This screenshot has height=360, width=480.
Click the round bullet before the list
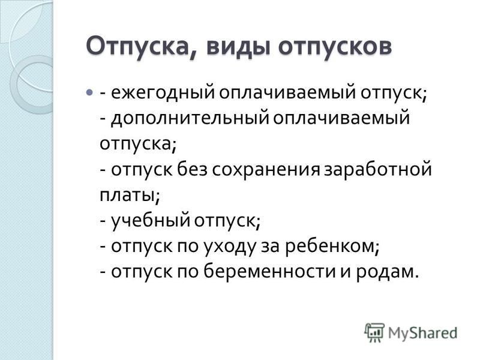point(89,92)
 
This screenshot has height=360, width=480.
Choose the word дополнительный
point(189,118)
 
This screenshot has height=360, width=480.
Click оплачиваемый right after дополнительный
point(341,118)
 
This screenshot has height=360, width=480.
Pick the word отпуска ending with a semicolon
point(138,143)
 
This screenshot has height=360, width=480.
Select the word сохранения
point(265,170)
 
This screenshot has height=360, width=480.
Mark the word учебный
point(150,220)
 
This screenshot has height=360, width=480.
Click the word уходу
point(229,247)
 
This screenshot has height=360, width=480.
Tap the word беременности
point(269,271)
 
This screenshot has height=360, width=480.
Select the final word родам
point(387,272)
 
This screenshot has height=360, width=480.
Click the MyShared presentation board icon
point(374,332)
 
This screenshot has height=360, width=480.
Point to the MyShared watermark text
point(422,333)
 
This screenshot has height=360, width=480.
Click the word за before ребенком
point(271,247)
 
